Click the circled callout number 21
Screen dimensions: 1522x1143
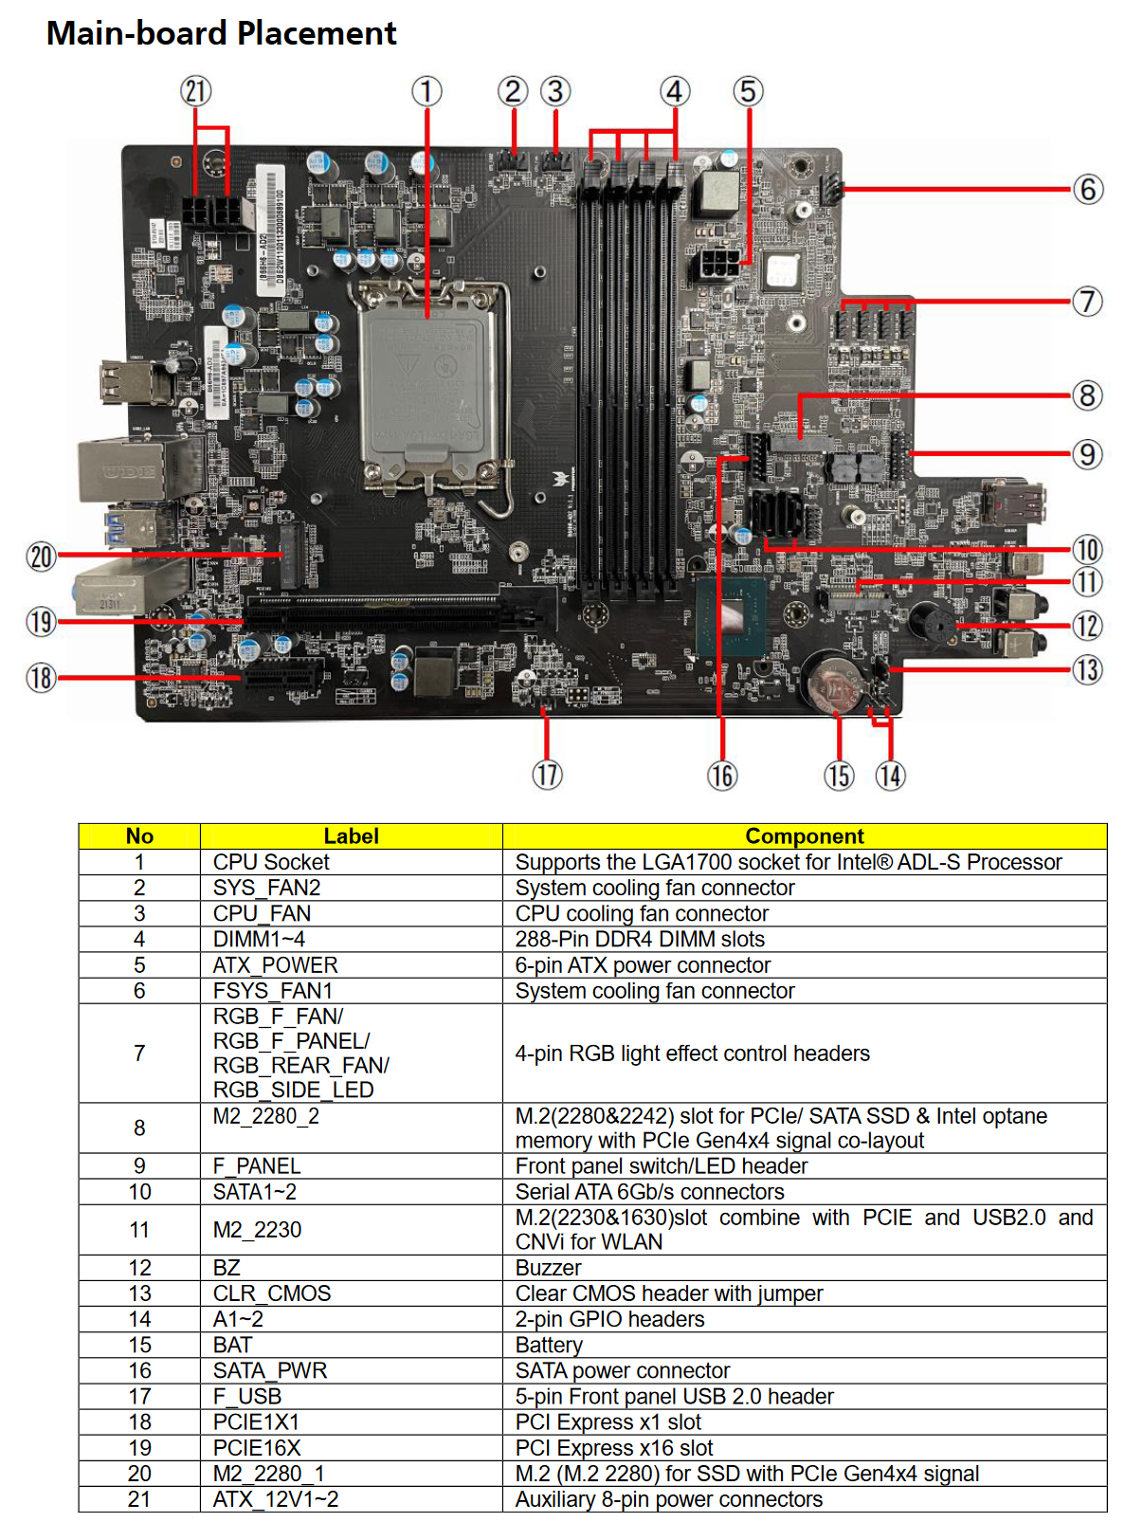(196, 92)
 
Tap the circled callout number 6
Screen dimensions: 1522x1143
(1087, 190)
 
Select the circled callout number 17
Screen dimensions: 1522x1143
(547, 775)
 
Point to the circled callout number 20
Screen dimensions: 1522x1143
(42, 557)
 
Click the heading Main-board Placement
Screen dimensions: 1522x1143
(221, 33)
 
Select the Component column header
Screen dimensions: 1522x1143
(804, 836)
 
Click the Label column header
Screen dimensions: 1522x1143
(351, 836)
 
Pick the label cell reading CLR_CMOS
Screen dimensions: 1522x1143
(272, 1293)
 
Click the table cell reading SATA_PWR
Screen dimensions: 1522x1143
(269, 1370)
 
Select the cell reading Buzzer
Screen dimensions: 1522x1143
(548, 1268)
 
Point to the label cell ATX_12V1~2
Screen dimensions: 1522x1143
(275, 1499)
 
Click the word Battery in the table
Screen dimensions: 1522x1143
(549, 1345)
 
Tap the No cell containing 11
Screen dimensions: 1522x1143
(139, 1230)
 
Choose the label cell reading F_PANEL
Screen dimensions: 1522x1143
(256, 1165)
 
